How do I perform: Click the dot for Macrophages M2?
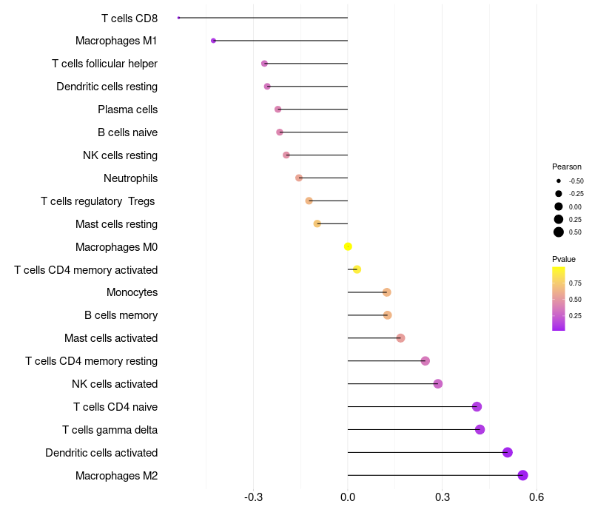[522, 475]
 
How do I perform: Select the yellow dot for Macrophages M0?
[348, 246]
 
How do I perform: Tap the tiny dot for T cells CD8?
[179, 18]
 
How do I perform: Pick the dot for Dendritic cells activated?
[507, 452]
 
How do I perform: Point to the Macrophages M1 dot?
[213, 41]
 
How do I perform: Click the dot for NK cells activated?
[438, 383]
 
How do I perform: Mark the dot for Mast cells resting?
[317, 223]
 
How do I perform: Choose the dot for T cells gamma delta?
[480, 429]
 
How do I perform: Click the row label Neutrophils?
[130, 178]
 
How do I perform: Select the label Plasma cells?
[127, 110]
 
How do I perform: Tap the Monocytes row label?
[132, 292]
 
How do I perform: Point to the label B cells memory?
[121, 315]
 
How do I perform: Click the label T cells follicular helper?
[104, 64]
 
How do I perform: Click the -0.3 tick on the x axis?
[253, 496]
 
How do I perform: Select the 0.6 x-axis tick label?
[536, 496]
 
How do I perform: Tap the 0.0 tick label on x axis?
[348, 496]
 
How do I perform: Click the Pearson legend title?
[567, 166]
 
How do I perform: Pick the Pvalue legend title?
[564, 259]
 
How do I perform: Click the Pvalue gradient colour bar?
[559, 298]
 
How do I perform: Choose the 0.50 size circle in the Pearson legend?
[559, 232]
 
